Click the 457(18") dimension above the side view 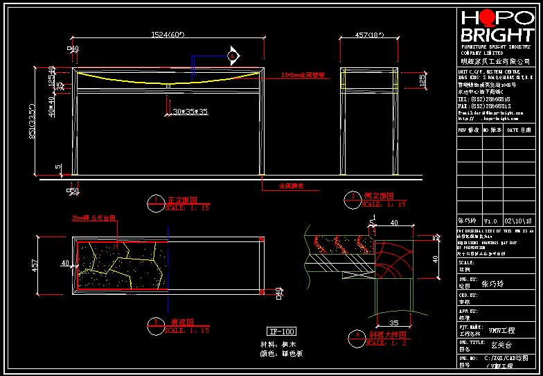[369, 34]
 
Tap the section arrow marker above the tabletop [233, 54]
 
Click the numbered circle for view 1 [154, 202]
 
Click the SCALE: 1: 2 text [385, 343]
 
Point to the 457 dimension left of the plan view [35, 266]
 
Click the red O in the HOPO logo [492, 19]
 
